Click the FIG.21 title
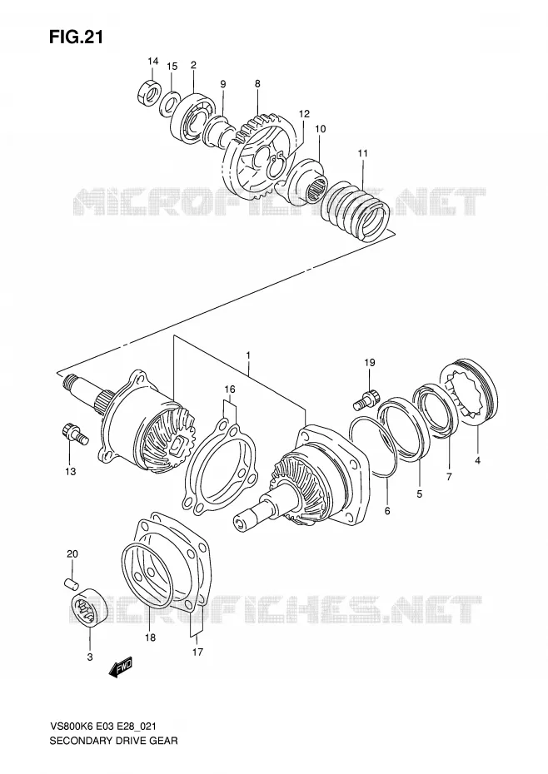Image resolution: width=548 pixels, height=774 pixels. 76,37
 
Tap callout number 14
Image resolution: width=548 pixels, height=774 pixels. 152,62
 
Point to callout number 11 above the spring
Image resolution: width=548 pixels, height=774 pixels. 363,153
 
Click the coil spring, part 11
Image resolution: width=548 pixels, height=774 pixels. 353,211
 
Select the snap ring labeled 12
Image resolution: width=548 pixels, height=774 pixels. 276,165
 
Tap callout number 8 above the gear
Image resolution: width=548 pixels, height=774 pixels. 257,84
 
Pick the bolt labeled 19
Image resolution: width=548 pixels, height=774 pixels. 365,399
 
